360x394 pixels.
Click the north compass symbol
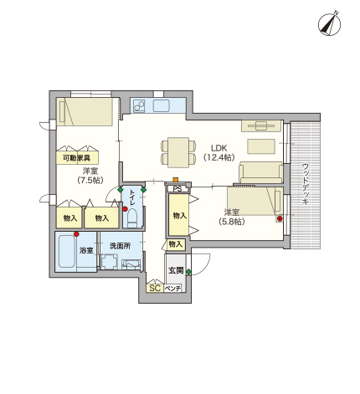click(x=329, y=24)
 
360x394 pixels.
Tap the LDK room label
click(x=219, y=148)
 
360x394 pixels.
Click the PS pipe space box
click(x=177, y=189)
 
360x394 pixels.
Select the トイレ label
click(x=132, y=197)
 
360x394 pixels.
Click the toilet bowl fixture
click(x=132, y=218)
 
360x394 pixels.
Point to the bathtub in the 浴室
click(x=67, y=251)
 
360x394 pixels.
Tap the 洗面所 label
click(x=120, y=246)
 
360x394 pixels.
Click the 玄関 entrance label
click(x=176, y=270)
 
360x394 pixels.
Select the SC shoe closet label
click(x=155, y=288)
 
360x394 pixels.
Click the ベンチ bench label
click(x=172, y=289)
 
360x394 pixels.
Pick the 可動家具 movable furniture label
click(x=76, y=158)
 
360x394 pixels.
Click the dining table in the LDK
click(x=178, y=152)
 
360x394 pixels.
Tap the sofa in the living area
click(x=260, y=172)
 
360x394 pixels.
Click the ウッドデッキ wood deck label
click(x=306, y=184)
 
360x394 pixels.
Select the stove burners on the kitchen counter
click(x=139, y=106)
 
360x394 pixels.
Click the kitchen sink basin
click(x=162, y=106)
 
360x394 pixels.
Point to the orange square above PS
click(x=176, y=180)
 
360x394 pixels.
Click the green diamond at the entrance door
click(x=189, y=272)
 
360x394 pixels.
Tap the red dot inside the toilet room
click(x=125, y=209)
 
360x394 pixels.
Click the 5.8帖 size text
click(x=232, y=222)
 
